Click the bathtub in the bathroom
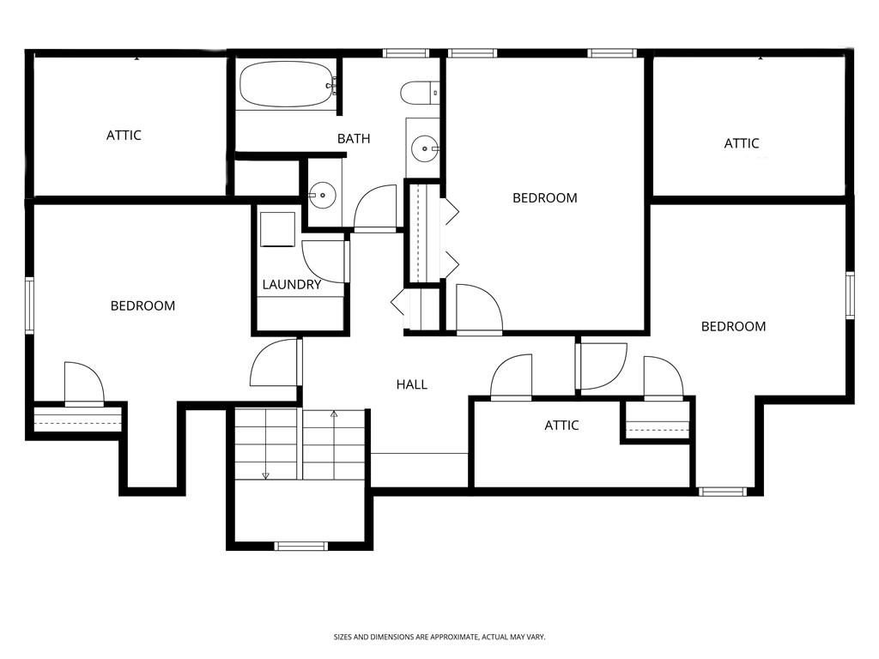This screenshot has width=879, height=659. (286, 84)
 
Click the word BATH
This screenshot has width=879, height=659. (354, 138)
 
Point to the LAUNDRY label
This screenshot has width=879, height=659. (292, 285)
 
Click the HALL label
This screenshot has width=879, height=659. (412, 384)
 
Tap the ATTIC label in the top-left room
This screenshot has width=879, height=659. (124, 135)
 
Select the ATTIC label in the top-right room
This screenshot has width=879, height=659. (742, 143)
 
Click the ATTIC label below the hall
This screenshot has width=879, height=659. (561, 425)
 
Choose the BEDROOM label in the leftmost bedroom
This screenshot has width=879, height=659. (142, 305)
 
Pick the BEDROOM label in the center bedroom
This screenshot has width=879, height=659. (544, 197)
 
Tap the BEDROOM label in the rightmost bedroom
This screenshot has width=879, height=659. (733, 326)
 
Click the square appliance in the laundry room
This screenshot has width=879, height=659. (277, 229)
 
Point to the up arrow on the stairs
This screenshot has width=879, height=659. (334, 414)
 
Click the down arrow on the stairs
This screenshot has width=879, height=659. (266, 475)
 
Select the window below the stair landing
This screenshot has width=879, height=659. (300, 546)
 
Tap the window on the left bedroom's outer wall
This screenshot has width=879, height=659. (29, 305)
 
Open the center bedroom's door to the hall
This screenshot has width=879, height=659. (478, 309)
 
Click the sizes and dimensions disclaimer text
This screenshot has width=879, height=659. (439, 637)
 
